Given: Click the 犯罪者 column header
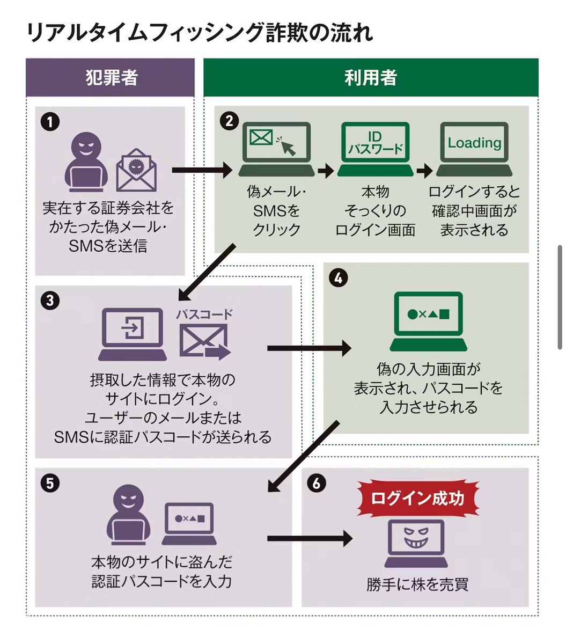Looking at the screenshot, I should click(111, 78).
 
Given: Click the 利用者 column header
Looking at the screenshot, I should click(371, 78).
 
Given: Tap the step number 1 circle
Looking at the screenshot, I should click(50, 122).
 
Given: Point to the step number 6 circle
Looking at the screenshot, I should click(316, 483).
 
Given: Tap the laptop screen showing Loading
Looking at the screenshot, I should click(474, 144).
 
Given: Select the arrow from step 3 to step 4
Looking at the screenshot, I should click(308, 348).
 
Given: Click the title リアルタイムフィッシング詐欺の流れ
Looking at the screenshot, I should click(199, 33).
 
